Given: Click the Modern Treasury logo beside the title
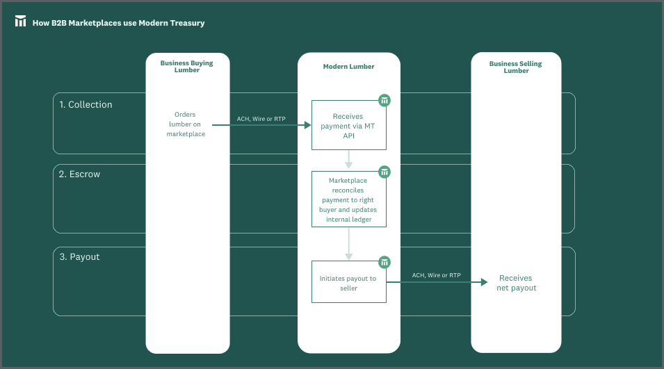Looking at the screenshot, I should point(21,22).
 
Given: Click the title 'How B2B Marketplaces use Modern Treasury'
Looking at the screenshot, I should point(118,23).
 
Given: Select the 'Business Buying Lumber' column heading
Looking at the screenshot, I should point(186,67).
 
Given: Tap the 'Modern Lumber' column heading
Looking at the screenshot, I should point(348,67).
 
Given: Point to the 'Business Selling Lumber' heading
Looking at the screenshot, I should point(515,67).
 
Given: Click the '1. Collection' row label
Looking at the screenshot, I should point(86,105).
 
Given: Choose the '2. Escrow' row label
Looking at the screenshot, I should point(79,174).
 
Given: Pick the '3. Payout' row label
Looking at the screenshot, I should point(79,257).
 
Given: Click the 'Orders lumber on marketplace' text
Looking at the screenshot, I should point(186,124).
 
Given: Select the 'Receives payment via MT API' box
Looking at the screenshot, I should point(348,126).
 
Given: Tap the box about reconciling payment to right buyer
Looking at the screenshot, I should point(348,200).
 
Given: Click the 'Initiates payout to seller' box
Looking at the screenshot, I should point(348,283).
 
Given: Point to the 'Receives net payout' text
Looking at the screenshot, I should point(516,283).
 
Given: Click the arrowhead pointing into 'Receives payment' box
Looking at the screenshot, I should point(307,125).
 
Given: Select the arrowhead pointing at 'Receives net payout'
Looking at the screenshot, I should point(485,282).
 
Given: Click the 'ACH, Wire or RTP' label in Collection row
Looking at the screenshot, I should point(261,119).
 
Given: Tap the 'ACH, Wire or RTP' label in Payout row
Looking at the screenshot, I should point(436,275).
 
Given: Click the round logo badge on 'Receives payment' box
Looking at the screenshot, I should point(384,101).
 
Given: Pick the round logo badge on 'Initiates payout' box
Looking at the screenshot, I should point(384,262).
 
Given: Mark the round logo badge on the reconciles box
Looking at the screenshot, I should point(384,172).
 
